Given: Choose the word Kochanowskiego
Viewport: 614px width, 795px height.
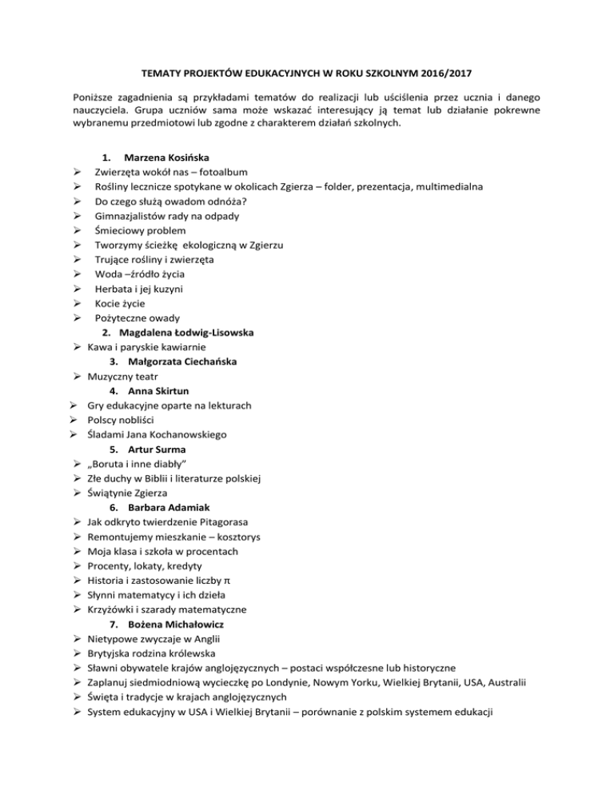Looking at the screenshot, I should pos(187,435).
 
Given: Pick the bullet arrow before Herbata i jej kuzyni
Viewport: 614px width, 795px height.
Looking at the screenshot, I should pos(75,289).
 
